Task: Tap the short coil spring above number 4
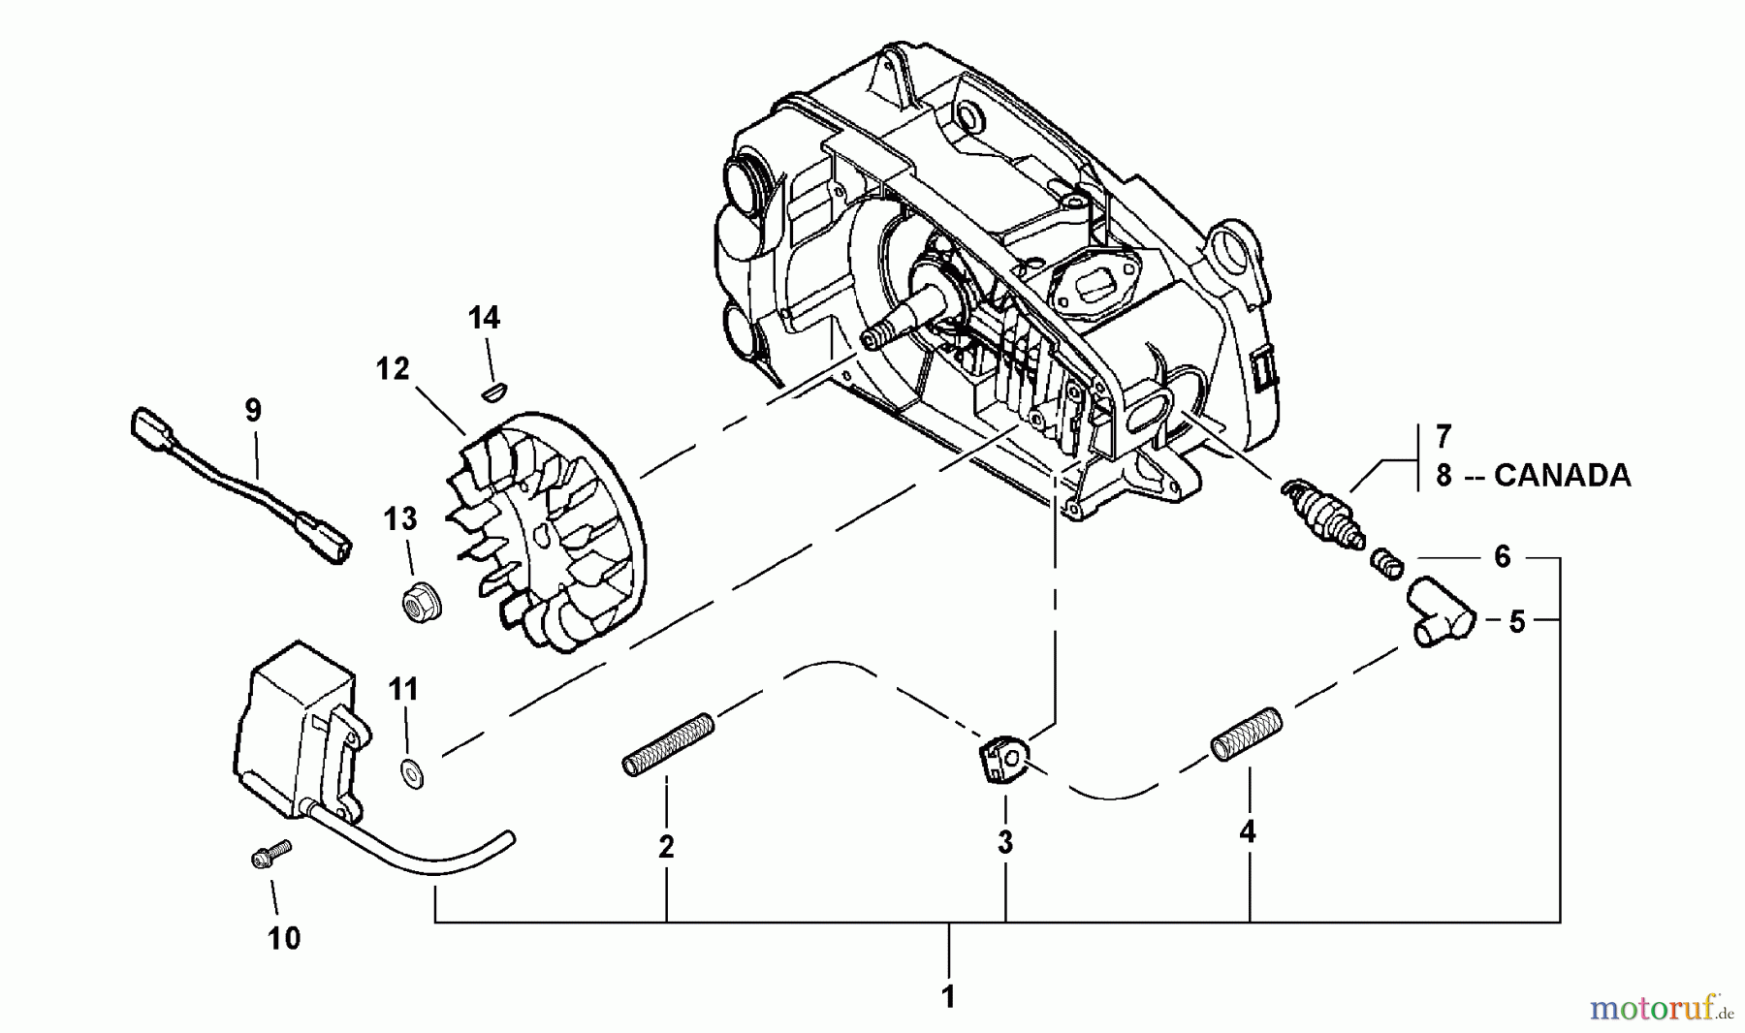1247,735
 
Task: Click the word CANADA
1562,476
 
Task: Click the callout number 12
393,369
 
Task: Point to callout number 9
253,411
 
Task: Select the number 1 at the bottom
948,996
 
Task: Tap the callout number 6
1502,556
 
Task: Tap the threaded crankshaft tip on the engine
875,334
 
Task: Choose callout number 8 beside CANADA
1443,476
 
